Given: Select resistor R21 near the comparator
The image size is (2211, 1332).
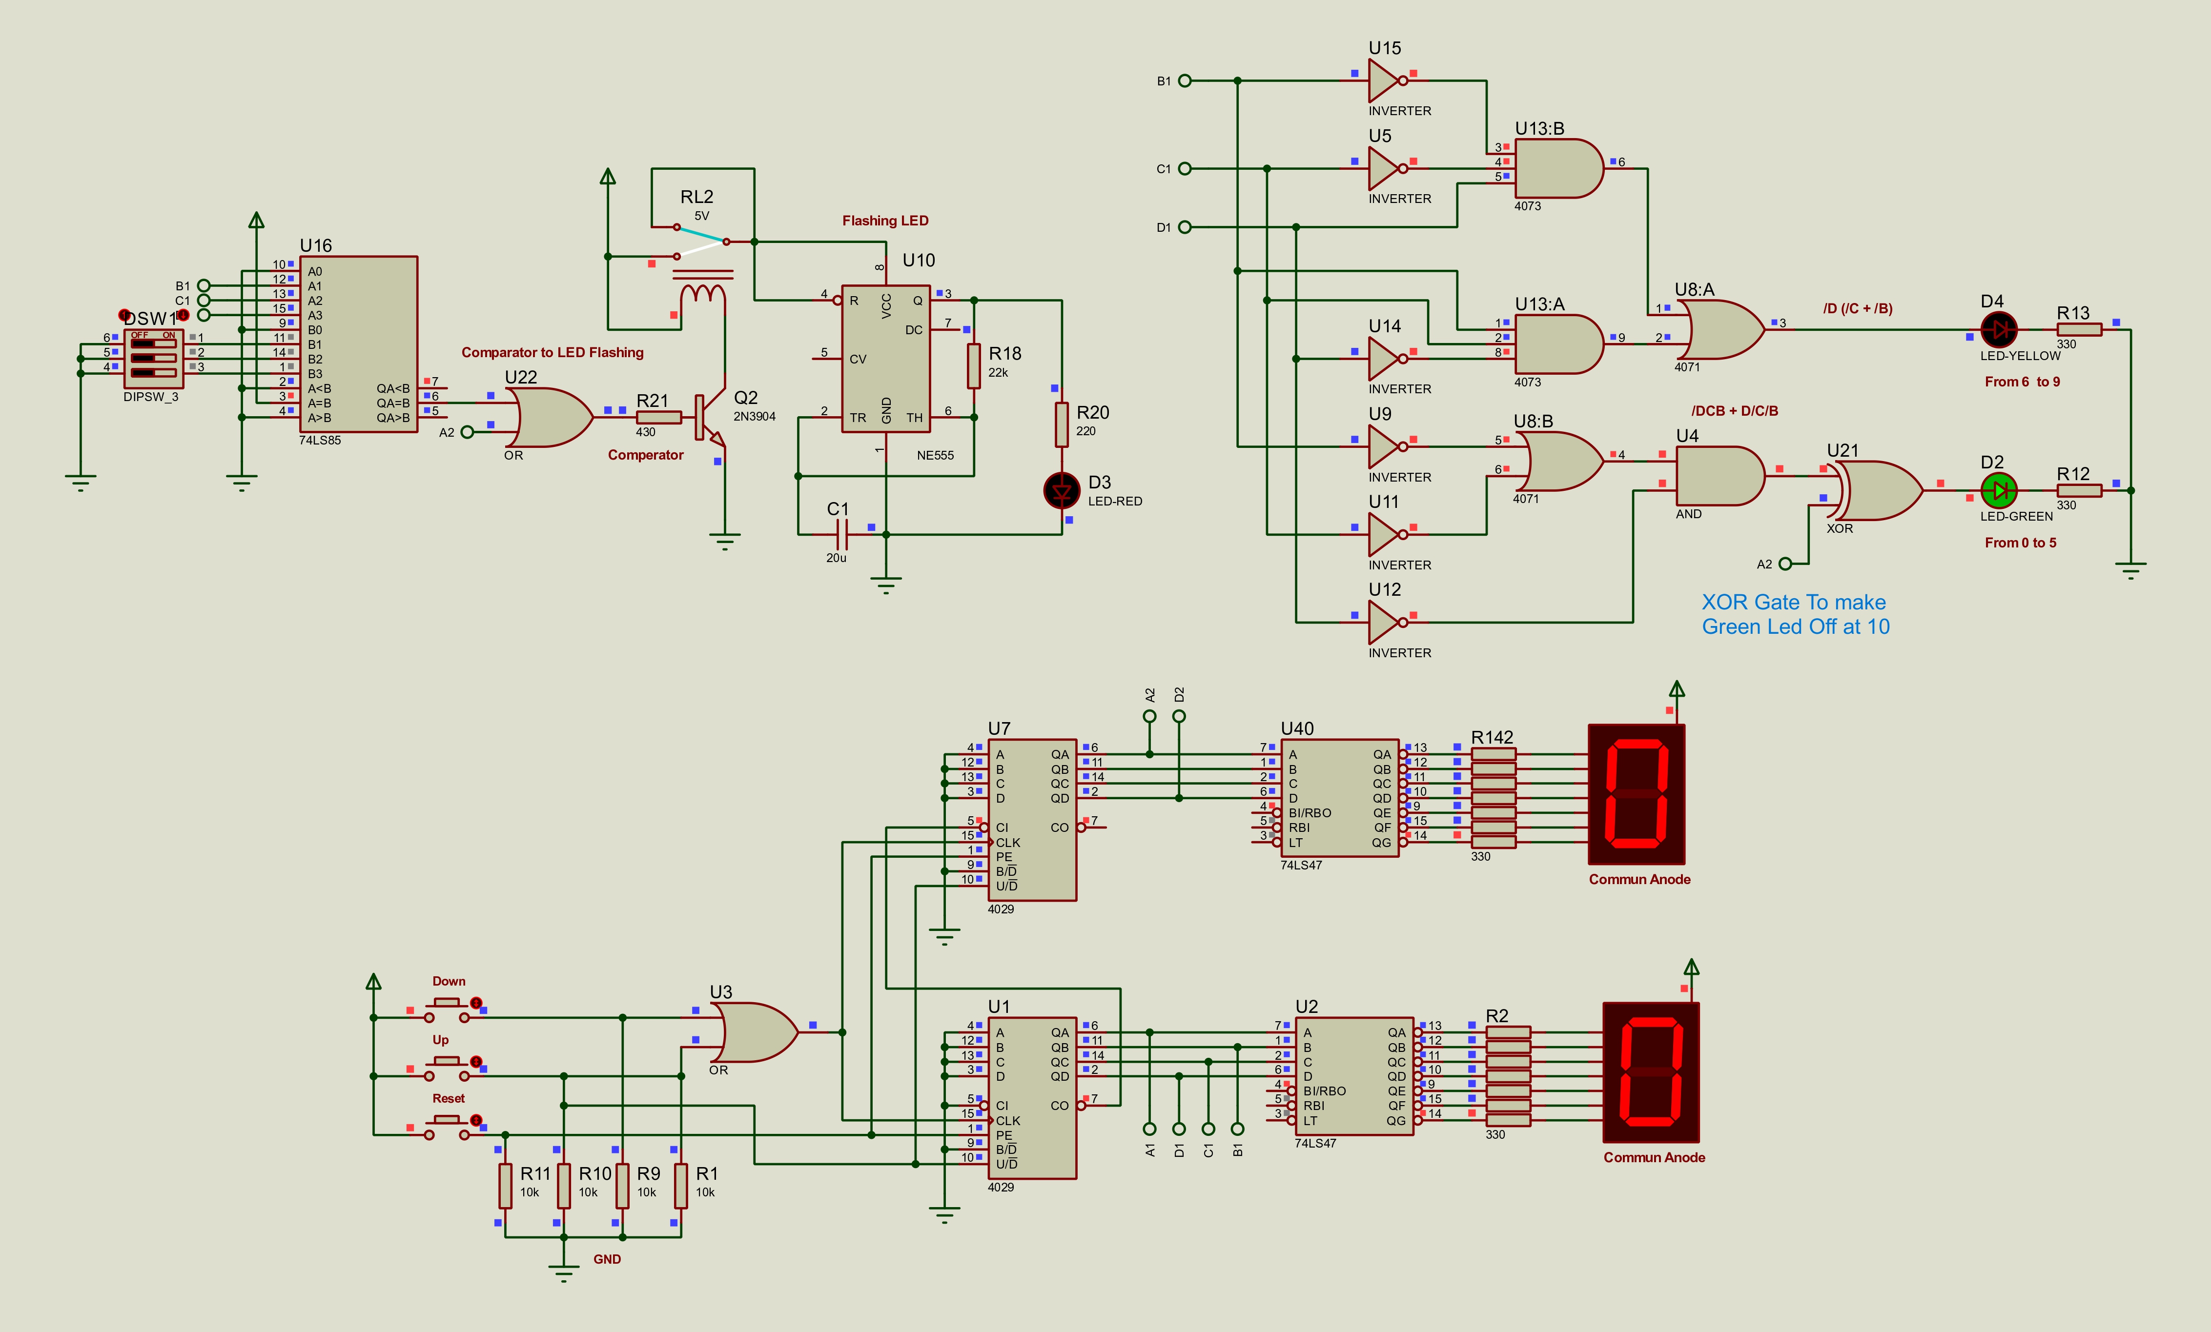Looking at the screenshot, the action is [x=658, y=417].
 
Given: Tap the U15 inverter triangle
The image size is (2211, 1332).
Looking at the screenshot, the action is [x=1386, y=81].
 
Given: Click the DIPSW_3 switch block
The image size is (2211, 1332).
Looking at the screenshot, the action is [x=154, y=359].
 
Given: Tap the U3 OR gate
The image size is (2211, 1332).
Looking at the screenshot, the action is [x=754, y=1032].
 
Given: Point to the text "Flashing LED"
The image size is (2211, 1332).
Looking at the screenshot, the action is [x=885, y=221].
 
